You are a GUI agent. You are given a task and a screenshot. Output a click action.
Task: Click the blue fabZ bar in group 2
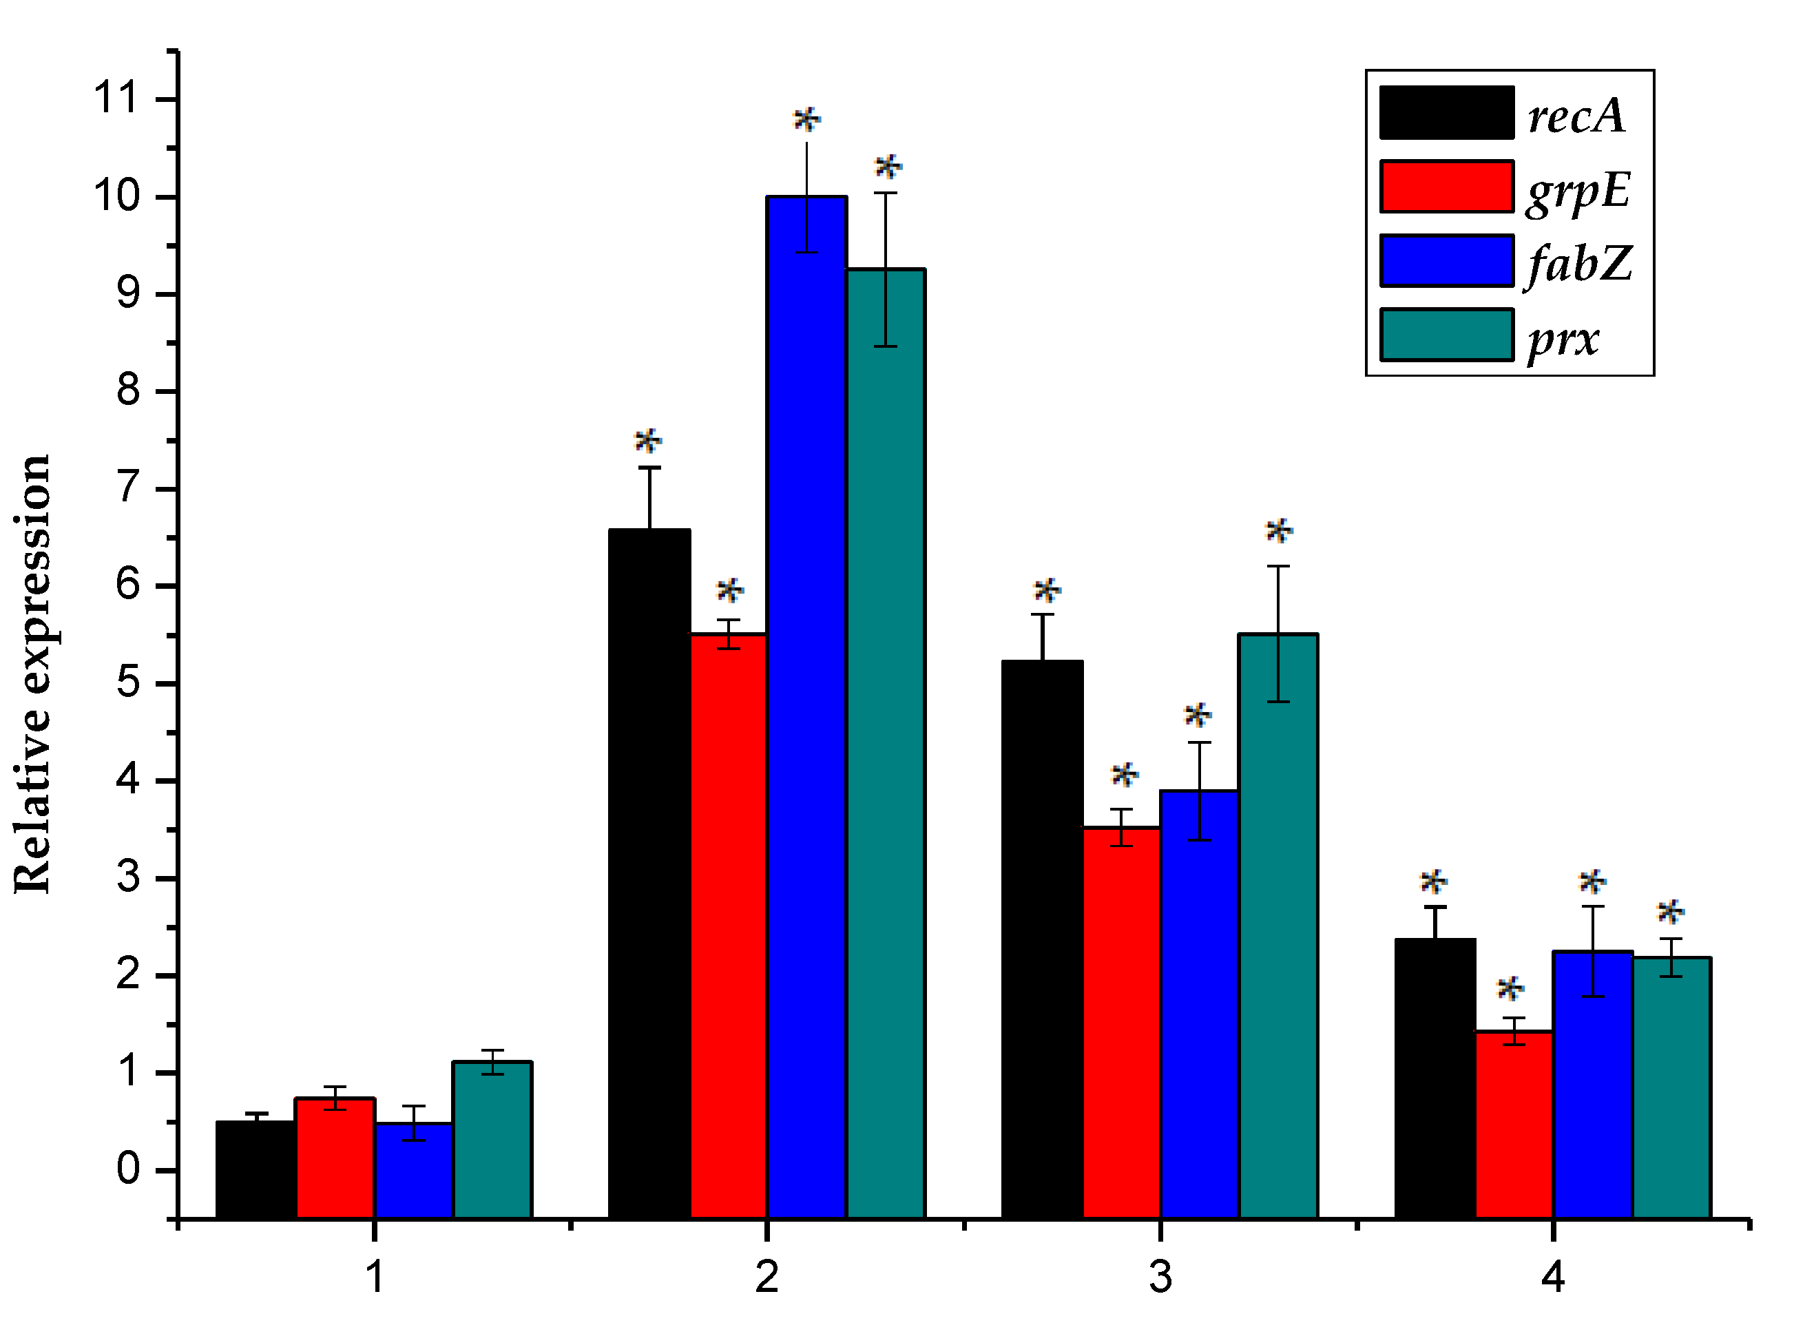(806, 706)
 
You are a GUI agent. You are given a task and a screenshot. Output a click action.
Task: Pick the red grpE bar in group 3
(1121, 1022)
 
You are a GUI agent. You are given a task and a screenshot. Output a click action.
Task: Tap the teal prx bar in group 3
(1277, 926)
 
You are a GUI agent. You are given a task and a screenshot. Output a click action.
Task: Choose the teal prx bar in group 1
(492, 1139)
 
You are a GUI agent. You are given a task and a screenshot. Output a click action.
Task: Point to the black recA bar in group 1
(255, 1169)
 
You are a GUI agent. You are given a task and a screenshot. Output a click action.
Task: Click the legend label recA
(1576, 116)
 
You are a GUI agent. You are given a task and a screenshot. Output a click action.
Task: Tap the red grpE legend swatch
(1447, 187)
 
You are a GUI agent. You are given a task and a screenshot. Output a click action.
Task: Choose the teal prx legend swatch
(1447, 335)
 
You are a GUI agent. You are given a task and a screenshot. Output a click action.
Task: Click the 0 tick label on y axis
(128, 1169)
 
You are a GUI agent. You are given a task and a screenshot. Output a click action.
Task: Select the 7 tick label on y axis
(128, 488)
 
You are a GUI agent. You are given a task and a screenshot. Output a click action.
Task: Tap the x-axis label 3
(1160, 1275)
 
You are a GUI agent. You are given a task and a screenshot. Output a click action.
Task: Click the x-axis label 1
(375, 1275)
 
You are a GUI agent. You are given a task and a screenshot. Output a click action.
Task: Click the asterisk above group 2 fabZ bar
(806, 121)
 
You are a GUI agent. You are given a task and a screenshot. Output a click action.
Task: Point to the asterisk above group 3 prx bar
(1278, 531)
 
